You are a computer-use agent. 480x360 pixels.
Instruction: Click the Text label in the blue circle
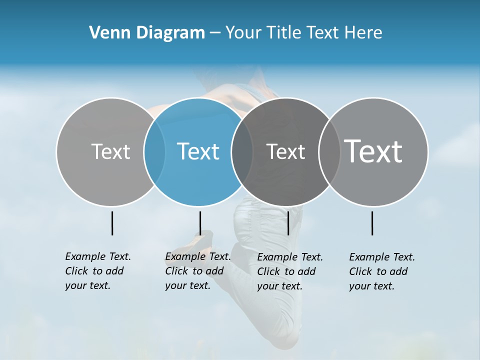198,151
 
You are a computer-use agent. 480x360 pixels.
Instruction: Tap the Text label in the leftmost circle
110,151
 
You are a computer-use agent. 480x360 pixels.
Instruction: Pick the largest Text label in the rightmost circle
373,151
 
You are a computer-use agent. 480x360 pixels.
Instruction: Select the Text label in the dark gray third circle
285,151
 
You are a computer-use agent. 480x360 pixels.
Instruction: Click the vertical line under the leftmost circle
112,223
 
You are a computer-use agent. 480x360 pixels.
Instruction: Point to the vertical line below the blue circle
200,223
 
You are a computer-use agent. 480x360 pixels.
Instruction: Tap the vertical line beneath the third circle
288,223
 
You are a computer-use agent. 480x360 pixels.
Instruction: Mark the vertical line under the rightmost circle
372,223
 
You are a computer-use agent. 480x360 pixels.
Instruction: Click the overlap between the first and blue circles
154,151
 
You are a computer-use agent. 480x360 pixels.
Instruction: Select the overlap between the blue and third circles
242,151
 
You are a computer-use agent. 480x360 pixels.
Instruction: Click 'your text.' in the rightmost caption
372,286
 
